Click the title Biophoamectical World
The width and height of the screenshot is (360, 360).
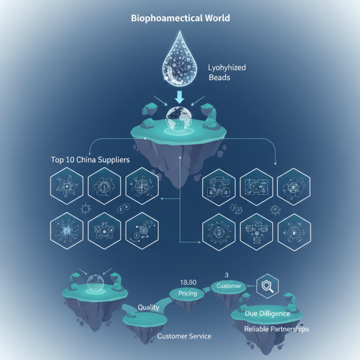click(x=180, y=19)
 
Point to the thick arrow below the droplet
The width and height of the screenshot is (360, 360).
click(x=180, y=98)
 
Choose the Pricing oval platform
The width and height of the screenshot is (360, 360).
click(x=187, y=293)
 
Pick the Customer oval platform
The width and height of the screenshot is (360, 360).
click(x=229, y=286)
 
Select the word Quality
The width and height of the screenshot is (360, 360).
click(x=148, y=307)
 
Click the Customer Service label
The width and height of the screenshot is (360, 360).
click(x=184, y=336)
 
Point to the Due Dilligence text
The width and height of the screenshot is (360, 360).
click(x=267, y=313)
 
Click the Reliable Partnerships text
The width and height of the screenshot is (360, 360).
click(x=276, y=329)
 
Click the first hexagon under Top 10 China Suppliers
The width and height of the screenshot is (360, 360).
click(x=66, y=185)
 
